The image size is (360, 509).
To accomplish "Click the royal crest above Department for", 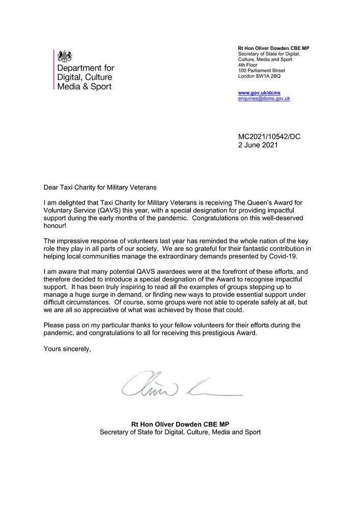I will pyautogui.click(x=65, y=55).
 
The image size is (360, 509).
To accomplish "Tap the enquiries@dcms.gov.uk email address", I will pyautogui.click(x=264, y=98).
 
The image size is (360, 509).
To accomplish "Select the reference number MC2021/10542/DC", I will pyautogui.click(x=269, y=136).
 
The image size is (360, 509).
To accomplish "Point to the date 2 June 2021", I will pyautogui.click(x=258, y=145).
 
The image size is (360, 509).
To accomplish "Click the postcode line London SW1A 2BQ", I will pyautogui.click(x=259, y=76).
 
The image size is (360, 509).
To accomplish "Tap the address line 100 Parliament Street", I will pyautogui.click(x=262, y=70).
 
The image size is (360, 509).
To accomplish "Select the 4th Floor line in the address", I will pyautogui.click(x=248, y=65).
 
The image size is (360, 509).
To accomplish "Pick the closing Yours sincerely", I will pyautogui.click(x=67, y=349).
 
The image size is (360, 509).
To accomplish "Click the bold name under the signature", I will pyautogui.click(x=180, y=423).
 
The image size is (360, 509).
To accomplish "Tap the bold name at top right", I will pyautogui.click(x=273, y=48).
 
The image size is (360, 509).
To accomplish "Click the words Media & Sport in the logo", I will pyautogui.click(x=84, y=87).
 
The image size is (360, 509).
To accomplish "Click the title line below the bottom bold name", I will pyautogui.click(x=180, y=432).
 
